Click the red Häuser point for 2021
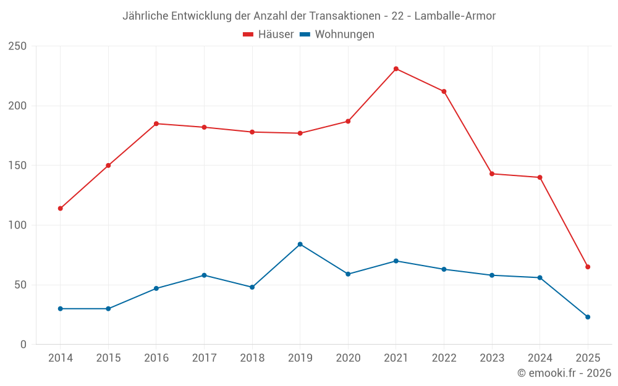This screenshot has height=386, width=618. [x=396, y=69]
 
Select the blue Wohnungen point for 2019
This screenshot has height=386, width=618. [x=300, y=244]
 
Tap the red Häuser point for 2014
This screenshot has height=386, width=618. [x=60, y=208]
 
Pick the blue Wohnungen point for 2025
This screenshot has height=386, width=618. [x=588, y=317]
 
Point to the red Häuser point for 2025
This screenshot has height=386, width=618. [x=588, y=267]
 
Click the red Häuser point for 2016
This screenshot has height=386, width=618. [x=156, y=124]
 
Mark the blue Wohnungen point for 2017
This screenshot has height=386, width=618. [x=204, y=275]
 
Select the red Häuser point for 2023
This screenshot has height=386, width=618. [x=492, y=174]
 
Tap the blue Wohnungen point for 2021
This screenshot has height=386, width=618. [x=396, y=261]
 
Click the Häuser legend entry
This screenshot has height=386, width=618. [x=268, y=35]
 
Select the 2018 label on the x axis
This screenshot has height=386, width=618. [x=252, y=358]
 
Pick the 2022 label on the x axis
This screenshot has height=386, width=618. [x=444, y=358]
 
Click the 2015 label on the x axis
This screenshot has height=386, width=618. [x=108, y=358]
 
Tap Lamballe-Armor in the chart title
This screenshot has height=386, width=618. [x=455, y=16]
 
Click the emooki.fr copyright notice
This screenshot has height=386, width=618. [x=564, y=373]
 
